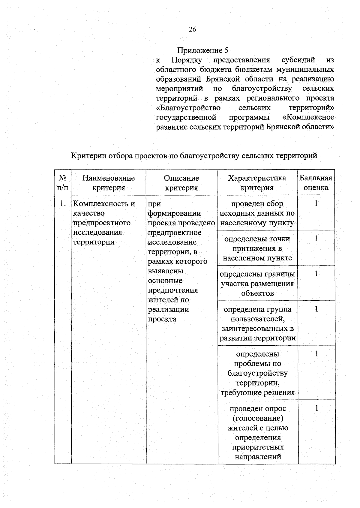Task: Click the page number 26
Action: (192, 29)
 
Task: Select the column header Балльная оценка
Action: (316, 183)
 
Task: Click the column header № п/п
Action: (62, 183)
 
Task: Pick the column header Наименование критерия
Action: (109, 183)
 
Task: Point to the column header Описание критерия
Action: (181, 183)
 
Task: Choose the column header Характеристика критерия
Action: (257, 183)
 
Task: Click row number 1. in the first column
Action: (62, 204)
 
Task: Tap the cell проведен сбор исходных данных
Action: (257, 213)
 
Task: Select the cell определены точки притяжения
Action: (257, 248)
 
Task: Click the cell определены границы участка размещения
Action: (257, 284)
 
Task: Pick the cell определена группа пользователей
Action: (257, 323)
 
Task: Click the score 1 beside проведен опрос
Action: (316, 408)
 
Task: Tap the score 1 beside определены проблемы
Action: (316, 354)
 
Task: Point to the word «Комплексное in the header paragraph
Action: (308, 117)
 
